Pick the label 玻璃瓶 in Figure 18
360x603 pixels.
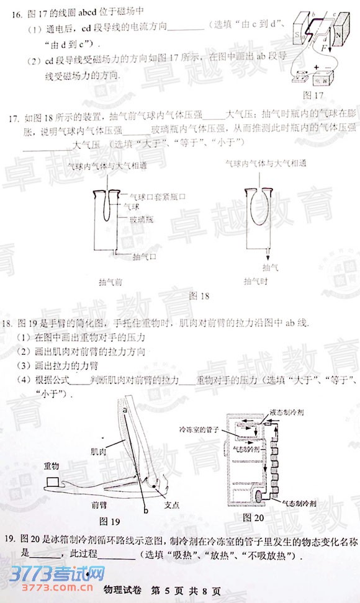click(142, 220)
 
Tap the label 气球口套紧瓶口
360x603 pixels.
click(151, 196)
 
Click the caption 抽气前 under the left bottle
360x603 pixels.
click(110, 281)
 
